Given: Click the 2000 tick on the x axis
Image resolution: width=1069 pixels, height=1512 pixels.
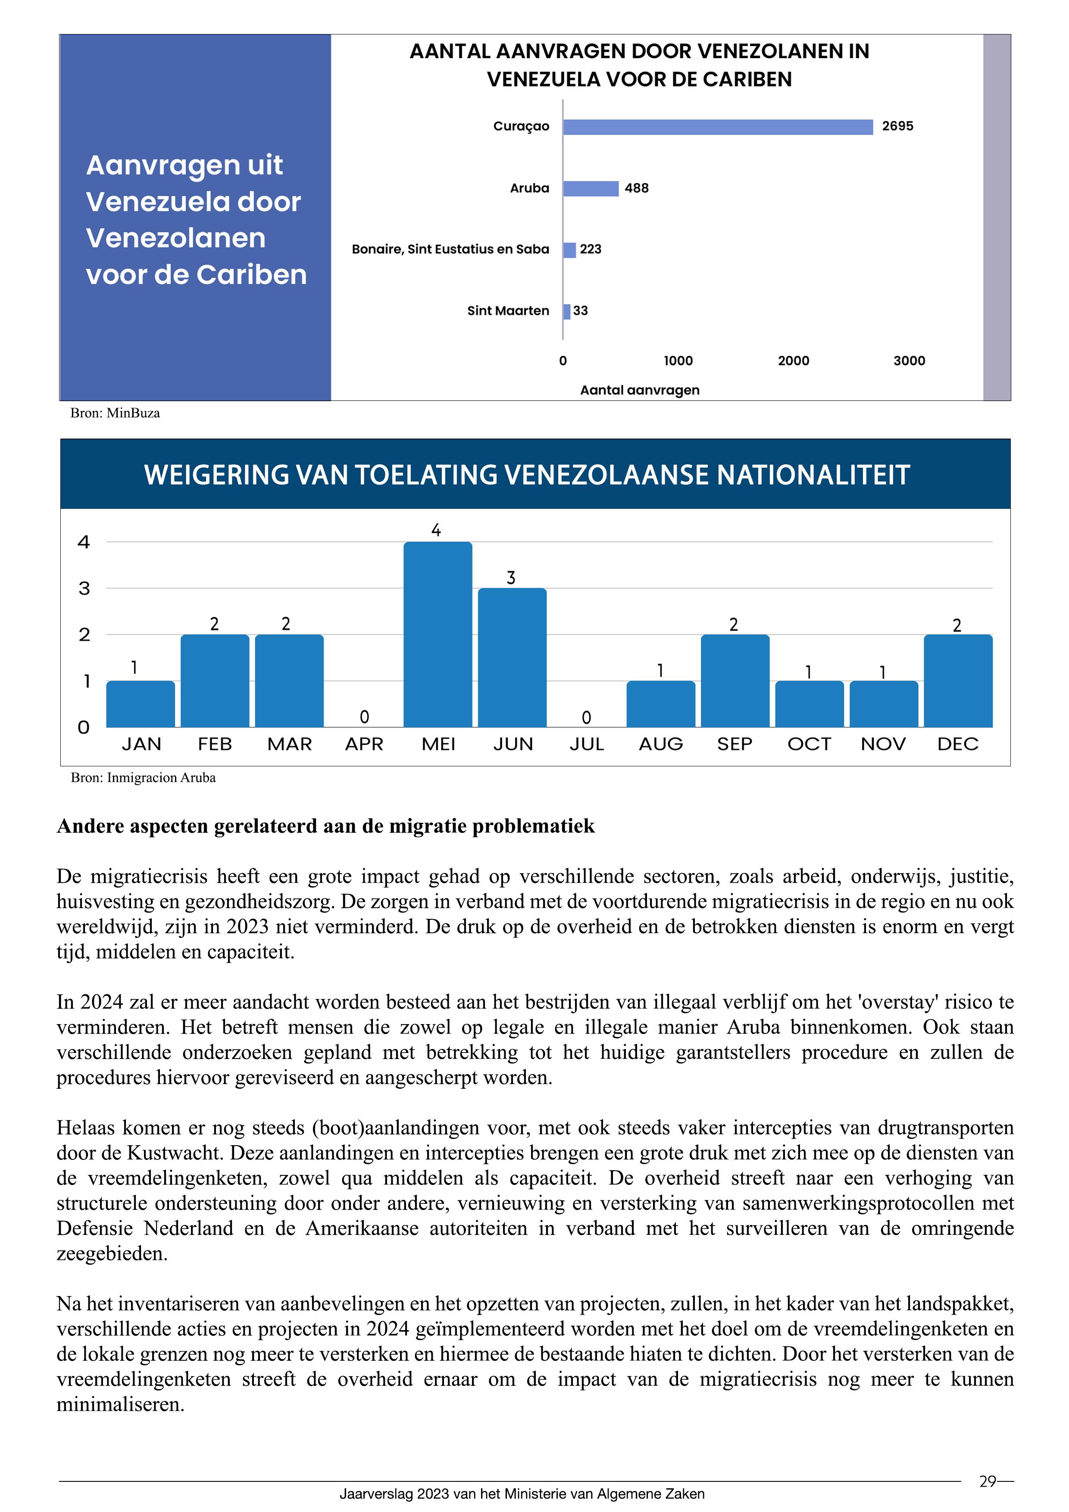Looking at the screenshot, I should click(x=793, y=361).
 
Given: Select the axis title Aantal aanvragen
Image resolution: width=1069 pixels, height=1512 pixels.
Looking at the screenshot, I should click(x=640, y=390).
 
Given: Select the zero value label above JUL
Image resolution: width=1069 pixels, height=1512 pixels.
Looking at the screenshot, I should click(x=586, y=717).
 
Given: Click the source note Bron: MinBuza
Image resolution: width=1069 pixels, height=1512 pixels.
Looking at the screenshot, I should click(x=115, y=414).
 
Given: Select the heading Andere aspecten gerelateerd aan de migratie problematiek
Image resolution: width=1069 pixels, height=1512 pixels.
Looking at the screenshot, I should click(x=325, y=826).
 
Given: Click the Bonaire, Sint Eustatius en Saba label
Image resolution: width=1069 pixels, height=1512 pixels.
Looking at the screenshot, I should click(x=450, y=250).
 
